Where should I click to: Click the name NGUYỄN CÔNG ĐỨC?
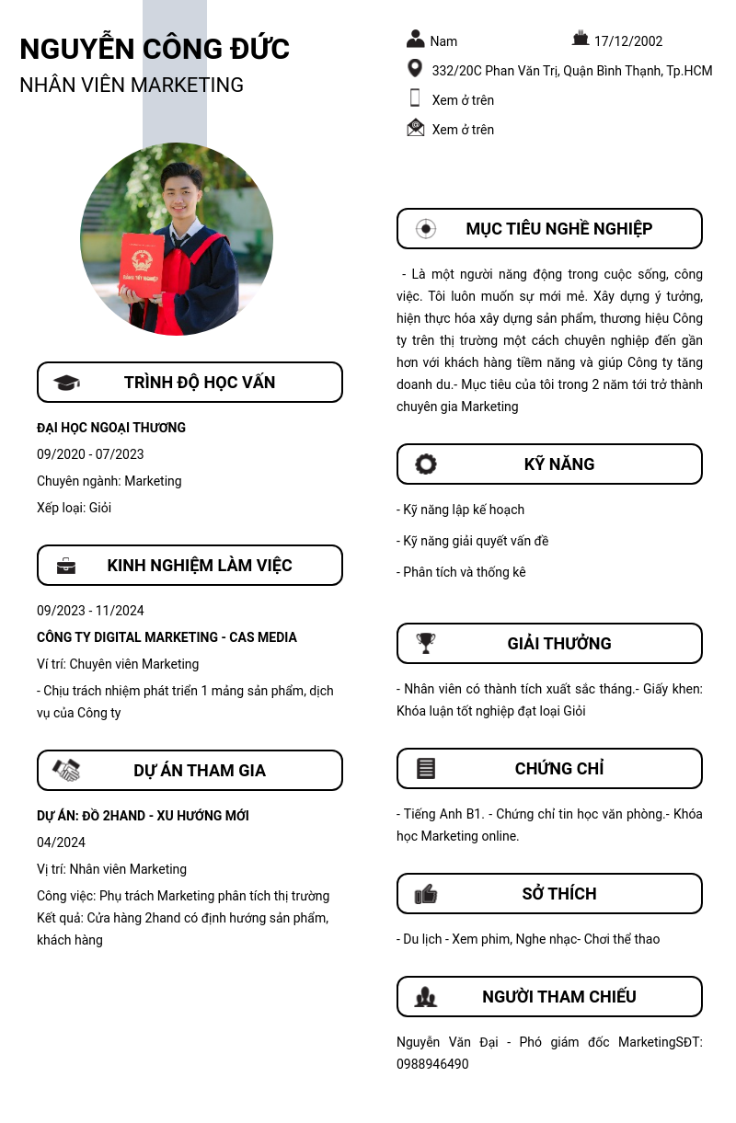pyautogui.click(x=155, y=49)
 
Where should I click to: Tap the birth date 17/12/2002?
pyautogui.click(x=627, y=41)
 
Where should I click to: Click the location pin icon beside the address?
pyautogui.click(x=415, y=69)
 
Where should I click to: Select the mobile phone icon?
pyautogui.click(x=415, y=98)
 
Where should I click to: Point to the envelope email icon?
pyautogui.click(x=416, y=128)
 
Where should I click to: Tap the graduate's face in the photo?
pyautogui.click(x=182, y=192)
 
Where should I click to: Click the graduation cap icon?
pyautogui.click(x=66, y=383)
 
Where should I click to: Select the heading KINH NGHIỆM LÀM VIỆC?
pyautogui.click(x=200, y=566)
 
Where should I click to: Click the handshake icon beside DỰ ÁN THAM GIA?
pyautogui.click(x=66, y=771)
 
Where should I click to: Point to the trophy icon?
pyautogui.click(x=425, y=643)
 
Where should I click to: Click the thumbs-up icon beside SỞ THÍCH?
pyautogui.click(x=425, y=894)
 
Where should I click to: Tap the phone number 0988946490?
pyautogui.click(x=432, y=1064)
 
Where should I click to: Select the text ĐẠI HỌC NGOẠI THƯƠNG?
pyautogui.click(x=111, y=428)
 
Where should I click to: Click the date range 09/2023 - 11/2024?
pyautogui.click(x=90, y=611)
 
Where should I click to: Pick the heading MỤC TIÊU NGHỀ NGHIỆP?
pyautogui.click(x=558, y=229)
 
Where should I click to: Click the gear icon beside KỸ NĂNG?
pyautogui.click(x=425, y=464)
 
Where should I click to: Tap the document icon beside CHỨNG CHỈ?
pyautogui.click(x=425, y=769)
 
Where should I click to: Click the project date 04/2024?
pyautogui.click(x=61, y=842)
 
